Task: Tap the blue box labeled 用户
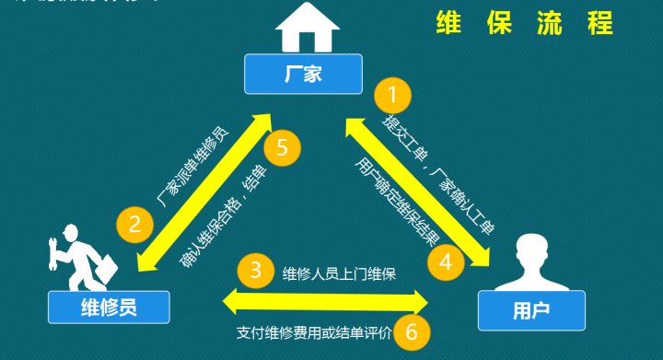(x=531, y=310)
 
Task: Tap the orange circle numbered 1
(x=392, y=94)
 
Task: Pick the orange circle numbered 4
(x=445, y=261)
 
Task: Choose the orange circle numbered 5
(x=283, y=146)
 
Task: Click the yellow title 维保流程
(x=524, y=23)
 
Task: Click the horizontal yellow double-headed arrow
(x=327, y=299)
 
